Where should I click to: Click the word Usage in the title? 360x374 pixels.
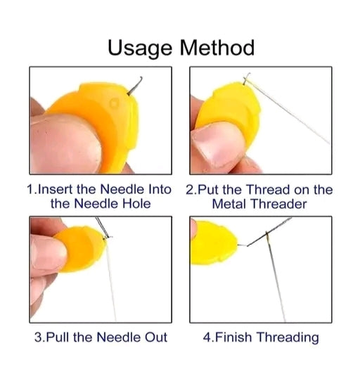140,49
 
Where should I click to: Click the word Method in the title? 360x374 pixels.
217,48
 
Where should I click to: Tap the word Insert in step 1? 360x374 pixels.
55,189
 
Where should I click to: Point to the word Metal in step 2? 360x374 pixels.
229,204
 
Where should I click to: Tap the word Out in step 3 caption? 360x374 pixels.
156,337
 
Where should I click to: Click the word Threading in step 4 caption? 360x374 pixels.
288,337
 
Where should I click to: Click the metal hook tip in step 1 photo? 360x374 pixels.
141,77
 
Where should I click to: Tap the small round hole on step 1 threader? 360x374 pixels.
115,103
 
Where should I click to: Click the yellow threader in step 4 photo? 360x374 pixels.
214,243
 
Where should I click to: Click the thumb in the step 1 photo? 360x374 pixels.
65,143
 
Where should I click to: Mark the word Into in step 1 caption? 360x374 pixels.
160,189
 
